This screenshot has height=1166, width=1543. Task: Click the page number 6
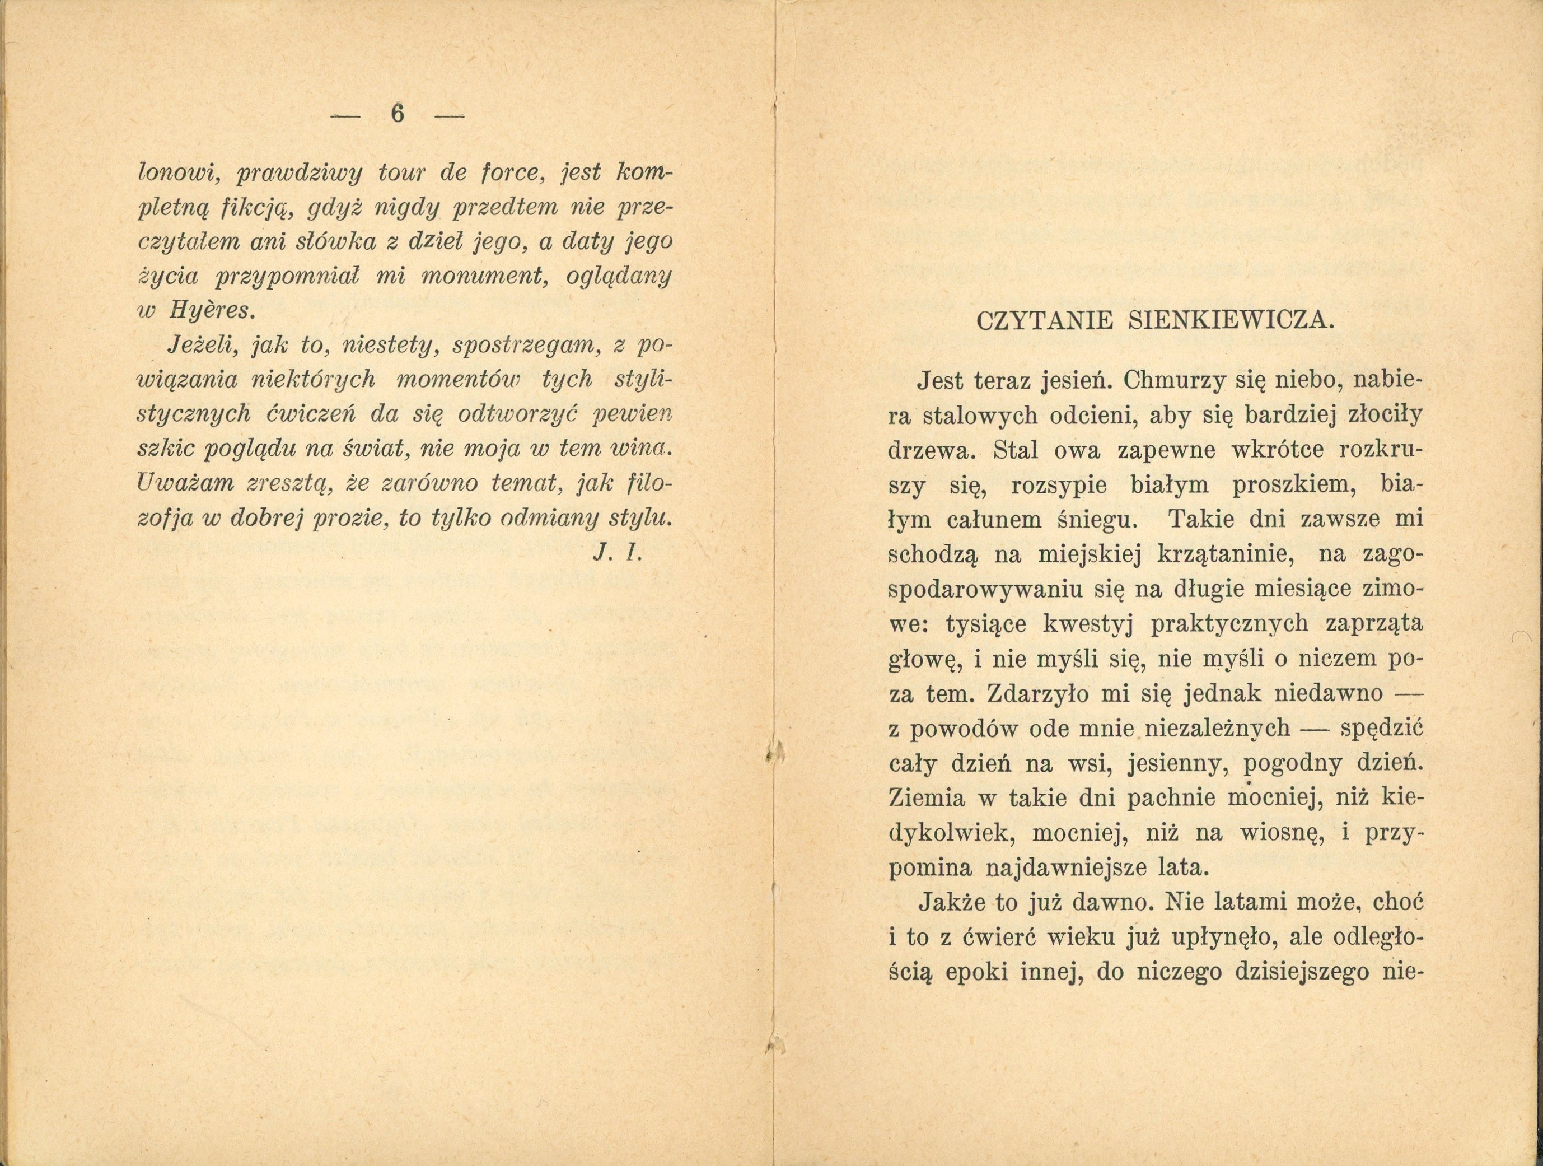(x=397, y=113)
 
